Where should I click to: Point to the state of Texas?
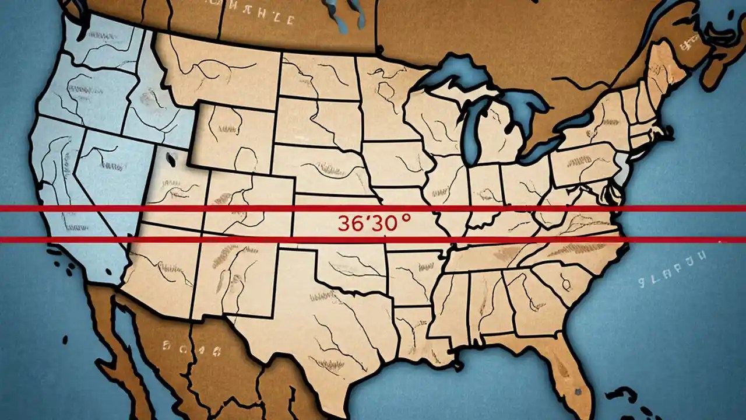[x=326, y=327]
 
